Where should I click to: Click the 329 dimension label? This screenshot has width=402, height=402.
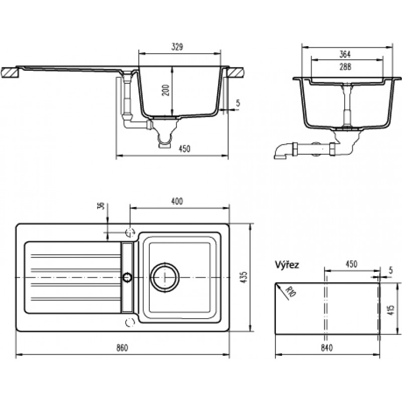point(177,47)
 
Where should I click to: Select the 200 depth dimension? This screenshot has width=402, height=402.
point(167,90)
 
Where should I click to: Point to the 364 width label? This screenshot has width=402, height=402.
point(345,54)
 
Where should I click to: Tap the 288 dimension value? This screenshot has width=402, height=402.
point(345,67)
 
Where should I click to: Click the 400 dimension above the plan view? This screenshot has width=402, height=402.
point(177,202)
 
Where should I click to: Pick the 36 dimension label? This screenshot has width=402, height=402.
point(102,206)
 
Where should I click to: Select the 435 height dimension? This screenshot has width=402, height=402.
point(244,277)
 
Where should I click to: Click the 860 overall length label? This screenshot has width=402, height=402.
point(122,348)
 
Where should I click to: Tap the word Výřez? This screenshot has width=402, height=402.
point(287,264)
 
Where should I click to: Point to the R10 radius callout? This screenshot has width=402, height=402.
point(291,292)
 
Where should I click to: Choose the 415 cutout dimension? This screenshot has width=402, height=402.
point(391,310)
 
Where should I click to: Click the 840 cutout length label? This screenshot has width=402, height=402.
point(327,348)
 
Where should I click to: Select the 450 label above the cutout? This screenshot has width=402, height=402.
point(351,264)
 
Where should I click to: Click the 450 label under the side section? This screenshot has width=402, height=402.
point(184,149)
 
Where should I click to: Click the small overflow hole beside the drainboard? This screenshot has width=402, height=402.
point(128,277)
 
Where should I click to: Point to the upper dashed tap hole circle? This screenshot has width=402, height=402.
point(130,232)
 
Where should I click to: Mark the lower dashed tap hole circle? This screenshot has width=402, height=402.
point(130,322)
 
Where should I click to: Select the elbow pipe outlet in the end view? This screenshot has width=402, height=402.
point(281,152)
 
